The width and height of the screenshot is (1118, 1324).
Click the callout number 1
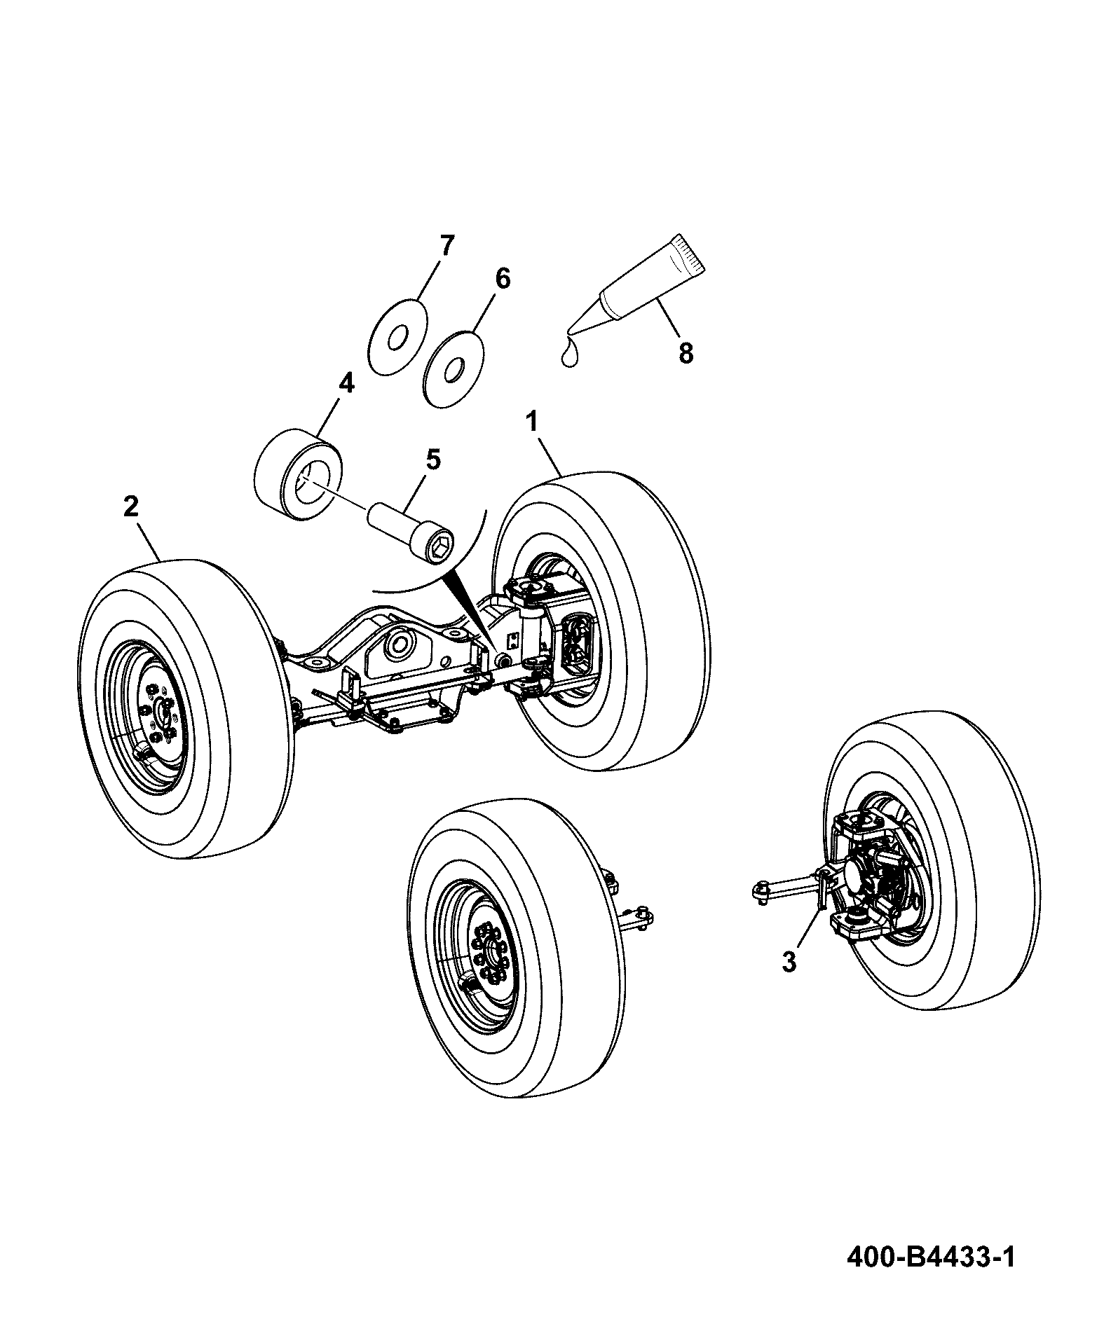(533, 422)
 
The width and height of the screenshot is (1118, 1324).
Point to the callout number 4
(346, 383)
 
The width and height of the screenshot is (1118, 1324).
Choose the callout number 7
(447, 246)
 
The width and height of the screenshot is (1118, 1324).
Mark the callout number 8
(686, 353)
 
